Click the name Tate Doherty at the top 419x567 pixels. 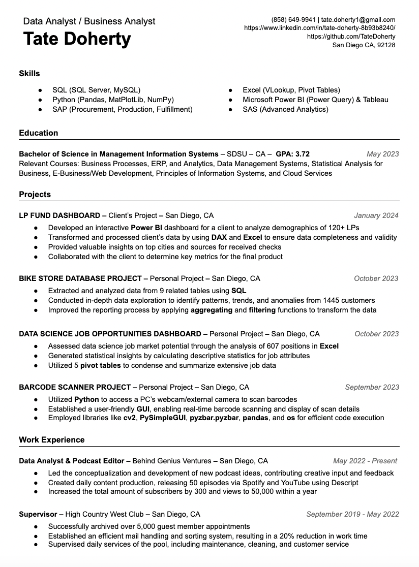tap(77, 39)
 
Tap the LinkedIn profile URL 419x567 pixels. tap(319, 28)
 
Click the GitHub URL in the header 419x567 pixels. tap(351, 37)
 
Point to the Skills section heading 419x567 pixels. tap(29, 74)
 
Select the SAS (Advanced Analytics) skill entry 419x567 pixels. tap(285, 109)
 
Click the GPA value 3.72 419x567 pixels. tap(302, 154)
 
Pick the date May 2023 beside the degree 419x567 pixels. tap(382, 154)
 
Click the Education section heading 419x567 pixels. tap(39, 133)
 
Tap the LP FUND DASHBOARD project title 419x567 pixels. tap(59, 215)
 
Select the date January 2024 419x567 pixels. tap(376, 215)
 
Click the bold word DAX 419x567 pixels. tap(219, 237)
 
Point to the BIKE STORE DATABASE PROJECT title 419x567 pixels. tap(80, 278)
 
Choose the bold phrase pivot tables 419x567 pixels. tap(100, 365)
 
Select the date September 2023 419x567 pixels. tap(372, 387)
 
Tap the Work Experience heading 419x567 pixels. tap(52, 440)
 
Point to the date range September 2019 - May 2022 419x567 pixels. tap(352, 514)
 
